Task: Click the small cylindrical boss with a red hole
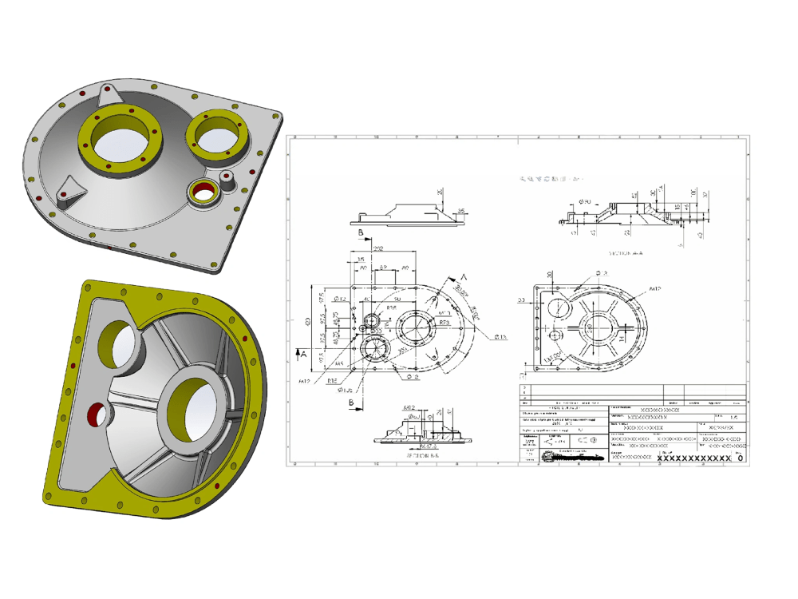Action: pyautogui.click(x=227, y=178)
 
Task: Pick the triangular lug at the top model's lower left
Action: pyautogui.click(x=70, y=188)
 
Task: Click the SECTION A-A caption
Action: pyautogui.click(x=626, y=252)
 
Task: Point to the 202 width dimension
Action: pyautogui.click(x=379, y=248)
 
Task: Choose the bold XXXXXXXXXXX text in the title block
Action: pyautogui.click(x=693, y=458)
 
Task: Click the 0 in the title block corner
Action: pyautogui.click(x=740, y=458)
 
